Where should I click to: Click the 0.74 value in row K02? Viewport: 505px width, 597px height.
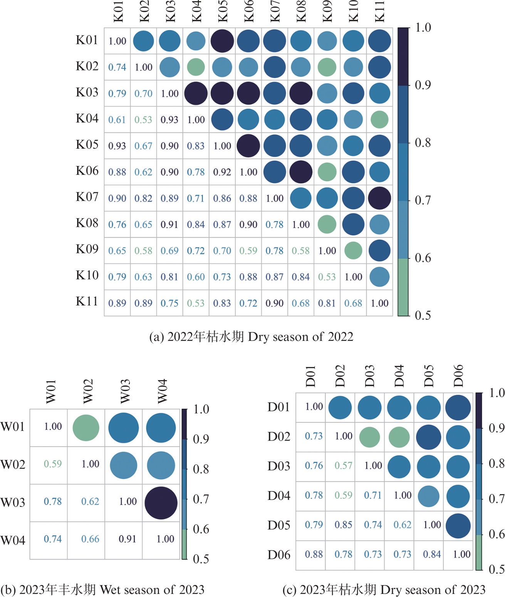pos(117,67)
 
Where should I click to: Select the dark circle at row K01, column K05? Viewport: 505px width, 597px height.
pos(222,41)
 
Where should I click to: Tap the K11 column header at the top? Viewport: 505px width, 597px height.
pos(379,12)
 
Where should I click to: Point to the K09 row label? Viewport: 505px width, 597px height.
pos(87,249)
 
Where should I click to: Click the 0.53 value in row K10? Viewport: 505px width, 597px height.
pos(327,277)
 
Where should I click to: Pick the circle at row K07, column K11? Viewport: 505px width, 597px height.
pos(379,198)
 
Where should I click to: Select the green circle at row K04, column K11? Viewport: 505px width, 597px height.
pos(379,119)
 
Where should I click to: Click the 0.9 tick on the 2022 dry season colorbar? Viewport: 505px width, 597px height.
pos(423,85)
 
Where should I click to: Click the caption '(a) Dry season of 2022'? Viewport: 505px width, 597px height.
pos(251,337)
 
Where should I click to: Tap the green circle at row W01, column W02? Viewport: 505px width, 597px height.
pos(86,428)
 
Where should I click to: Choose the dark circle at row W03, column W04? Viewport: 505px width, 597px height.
pos(161,503)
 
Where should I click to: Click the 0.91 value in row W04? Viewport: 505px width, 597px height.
pos(128,539)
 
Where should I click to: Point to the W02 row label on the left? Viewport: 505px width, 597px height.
pos(13,465)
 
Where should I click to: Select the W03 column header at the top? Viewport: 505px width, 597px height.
pos(125,392)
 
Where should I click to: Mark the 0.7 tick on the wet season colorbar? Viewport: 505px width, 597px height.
pos(201,499)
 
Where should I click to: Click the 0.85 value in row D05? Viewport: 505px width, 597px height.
pos(343,525)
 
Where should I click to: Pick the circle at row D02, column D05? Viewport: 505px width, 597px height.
pos(428,437)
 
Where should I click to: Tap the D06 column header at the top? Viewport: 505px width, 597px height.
pos(458,376)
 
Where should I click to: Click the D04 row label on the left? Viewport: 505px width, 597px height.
pos(279,496)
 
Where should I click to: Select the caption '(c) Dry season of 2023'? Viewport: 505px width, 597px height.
pos(384,590)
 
